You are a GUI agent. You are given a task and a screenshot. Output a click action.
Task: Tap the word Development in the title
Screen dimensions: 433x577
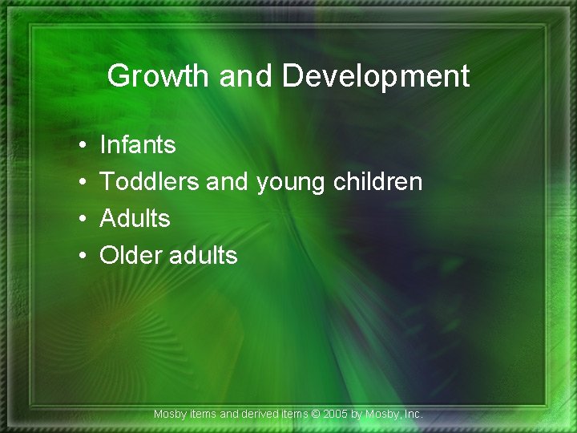[375, 76]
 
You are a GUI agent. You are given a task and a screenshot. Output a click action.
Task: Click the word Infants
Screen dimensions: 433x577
[137, 145]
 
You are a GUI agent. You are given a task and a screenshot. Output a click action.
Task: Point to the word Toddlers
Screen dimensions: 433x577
[150, 182]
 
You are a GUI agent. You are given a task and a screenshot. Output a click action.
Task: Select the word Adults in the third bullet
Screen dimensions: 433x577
[135, 218]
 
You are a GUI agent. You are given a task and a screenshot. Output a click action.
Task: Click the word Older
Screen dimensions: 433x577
[131, 255]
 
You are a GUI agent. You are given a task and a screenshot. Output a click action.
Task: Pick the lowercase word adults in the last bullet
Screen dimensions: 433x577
[204, 255]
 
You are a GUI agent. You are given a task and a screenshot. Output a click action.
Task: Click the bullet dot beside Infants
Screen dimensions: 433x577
[83, 146]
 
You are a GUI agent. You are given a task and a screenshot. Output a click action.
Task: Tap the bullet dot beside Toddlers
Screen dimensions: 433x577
[83, 183]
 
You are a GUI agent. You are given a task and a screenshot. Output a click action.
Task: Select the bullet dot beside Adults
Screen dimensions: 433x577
[83, 219]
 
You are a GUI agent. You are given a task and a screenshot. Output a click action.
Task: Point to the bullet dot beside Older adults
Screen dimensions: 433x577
[83, 256]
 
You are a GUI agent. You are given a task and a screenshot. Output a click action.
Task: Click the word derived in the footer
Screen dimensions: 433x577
[260, 415]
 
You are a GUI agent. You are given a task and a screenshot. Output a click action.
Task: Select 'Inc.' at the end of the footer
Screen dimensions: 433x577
[413, 415]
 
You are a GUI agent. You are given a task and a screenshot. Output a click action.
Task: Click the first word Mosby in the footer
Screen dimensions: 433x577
[170, 415]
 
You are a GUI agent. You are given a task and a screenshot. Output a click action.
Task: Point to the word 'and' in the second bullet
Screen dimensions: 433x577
[227, 182]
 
